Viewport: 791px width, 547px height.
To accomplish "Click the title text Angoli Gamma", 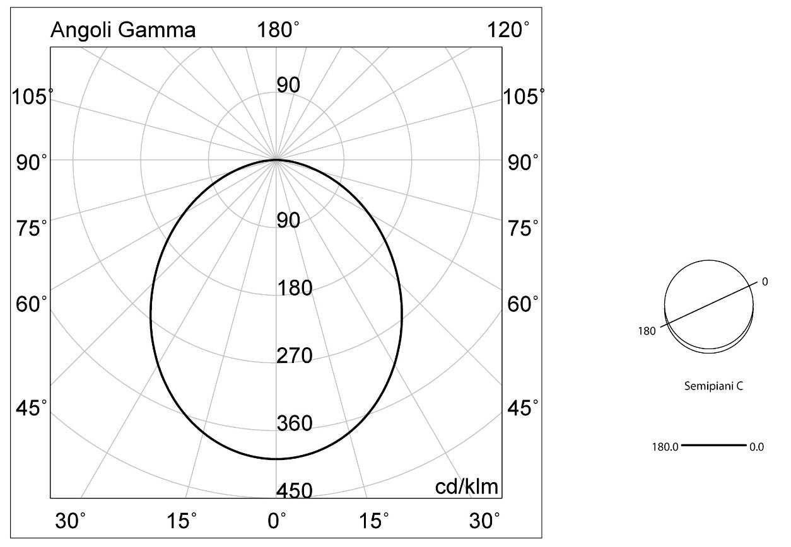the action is tap(123, 30).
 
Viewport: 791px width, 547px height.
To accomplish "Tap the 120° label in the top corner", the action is tap(508, 30).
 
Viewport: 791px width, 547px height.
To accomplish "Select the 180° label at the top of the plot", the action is tap(278, 30).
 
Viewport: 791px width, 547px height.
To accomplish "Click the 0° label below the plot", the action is tap(277, 521).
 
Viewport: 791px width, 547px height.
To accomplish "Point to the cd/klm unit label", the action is tap(467, 487).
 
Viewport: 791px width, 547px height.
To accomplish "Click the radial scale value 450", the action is tap(295, 490).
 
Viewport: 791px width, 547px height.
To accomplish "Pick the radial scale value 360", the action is tap(295, 423).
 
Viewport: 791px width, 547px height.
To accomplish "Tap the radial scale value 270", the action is tap(295, 355).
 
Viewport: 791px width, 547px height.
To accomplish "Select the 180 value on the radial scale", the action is tap(295, 287).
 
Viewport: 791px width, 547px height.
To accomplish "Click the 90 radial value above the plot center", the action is tap(288, 85).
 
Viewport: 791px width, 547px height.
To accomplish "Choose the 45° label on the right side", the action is tap(523, 408).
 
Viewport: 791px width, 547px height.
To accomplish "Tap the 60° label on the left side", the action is tap(31, 304).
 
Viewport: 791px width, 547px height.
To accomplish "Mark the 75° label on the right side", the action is tap(523, 228).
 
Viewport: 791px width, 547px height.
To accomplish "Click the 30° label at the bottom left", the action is tap(70, 521).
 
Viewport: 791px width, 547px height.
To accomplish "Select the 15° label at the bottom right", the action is tap(374, 521).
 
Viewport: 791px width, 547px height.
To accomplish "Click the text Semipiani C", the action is tap(713, 386).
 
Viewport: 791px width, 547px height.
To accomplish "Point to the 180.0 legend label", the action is tap(665, 447).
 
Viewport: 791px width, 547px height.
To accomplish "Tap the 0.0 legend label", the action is tap(756, 447).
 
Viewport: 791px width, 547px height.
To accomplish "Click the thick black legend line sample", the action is tap(713, 446).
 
